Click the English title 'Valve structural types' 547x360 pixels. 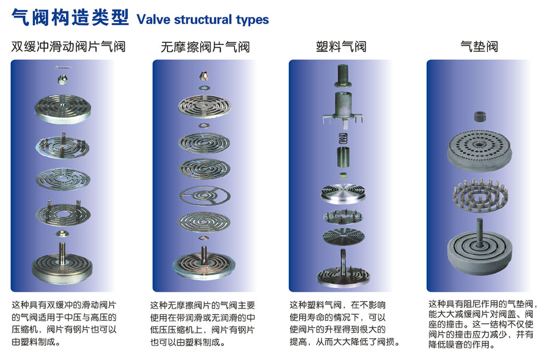[203, 20]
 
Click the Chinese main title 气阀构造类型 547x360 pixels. [71, 19]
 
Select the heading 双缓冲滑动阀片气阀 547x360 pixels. [68, 47]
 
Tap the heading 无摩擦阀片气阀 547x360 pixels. [205, 47]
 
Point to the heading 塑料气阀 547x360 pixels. [341, 47]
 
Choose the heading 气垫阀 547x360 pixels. [479, 47]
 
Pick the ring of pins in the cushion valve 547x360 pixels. [479, 194]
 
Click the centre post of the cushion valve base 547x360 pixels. [479, 227]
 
